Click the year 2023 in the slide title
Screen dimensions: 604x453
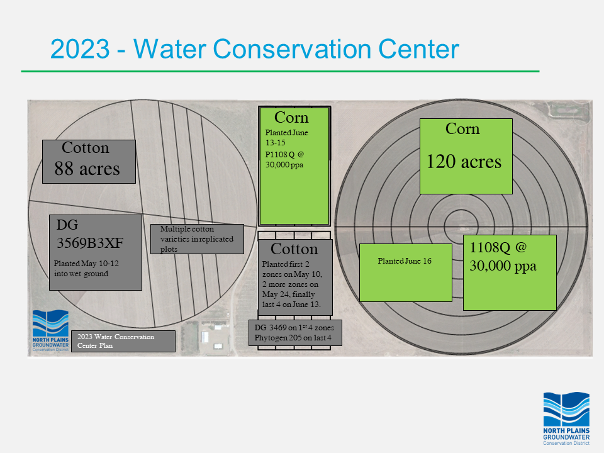coord(80,49)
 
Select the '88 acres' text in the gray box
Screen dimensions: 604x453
coord(87,169)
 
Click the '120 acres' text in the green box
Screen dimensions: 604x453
coord(464,162)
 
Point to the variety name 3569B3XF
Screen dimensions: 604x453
coord(90,243)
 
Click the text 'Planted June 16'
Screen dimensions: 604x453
coord(405,260)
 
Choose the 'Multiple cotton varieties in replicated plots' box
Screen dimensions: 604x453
coord(197,239)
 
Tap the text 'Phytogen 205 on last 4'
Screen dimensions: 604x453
coord(293,338)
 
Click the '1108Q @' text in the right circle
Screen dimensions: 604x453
coord(498,247)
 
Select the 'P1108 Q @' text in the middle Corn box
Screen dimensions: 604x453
coord(284,155)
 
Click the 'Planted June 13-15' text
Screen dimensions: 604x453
coord(287,138)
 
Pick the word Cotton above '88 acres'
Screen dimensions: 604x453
coord(86,147)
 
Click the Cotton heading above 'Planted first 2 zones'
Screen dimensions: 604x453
coord(294,249)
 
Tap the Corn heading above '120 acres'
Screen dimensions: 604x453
coord(462,128)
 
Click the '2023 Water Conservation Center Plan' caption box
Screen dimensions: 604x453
coord(123,341)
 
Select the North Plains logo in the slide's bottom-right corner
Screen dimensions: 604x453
coord(566,418)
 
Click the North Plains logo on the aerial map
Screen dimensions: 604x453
coord(50,330)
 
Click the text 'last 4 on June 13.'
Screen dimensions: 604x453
coord(291,305)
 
